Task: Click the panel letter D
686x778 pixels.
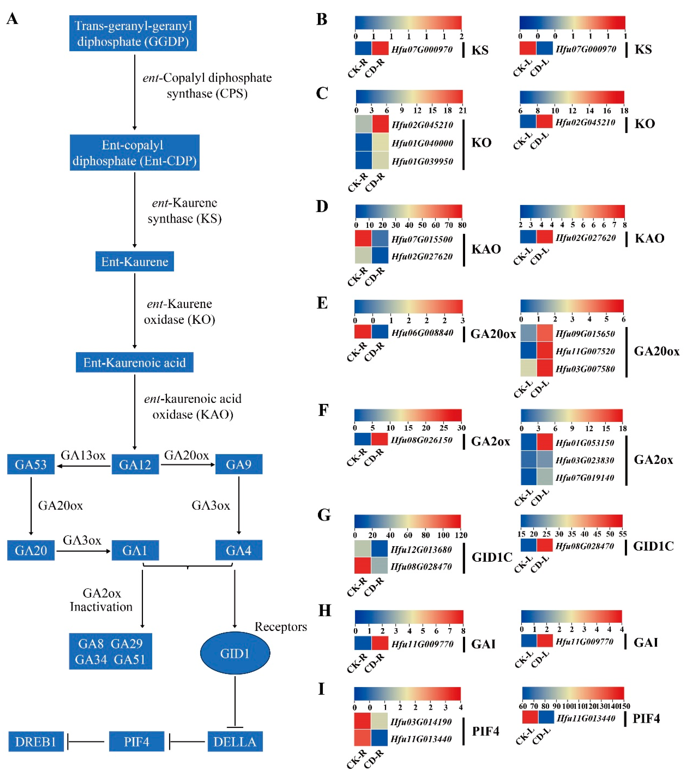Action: coord(322,206)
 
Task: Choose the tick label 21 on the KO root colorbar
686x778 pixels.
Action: coord(462,110)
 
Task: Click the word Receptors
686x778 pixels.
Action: coord(281,626)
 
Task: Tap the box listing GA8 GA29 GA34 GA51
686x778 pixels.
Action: coord(110,651)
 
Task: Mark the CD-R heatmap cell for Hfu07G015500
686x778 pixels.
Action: coord(380,239)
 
